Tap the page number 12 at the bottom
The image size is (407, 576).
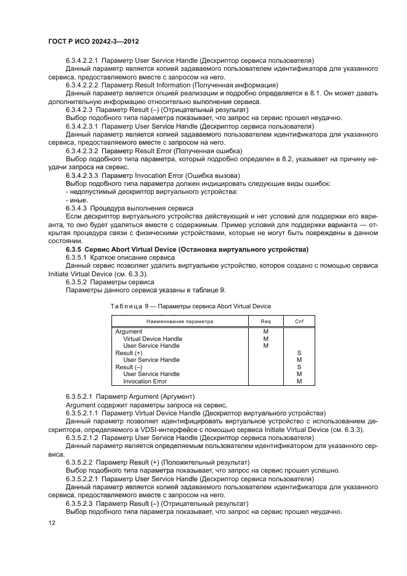click(52, 522)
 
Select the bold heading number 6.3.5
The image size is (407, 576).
click(75, 249)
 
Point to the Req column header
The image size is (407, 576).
click(265, 321)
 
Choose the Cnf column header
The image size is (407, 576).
click(299, 321)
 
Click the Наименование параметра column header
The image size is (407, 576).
click(179, 321)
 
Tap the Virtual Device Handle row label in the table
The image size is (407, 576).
click(152, 338)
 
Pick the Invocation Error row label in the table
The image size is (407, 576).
click(145, 382)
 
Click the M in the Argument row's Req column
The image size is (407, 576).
click(265, 332)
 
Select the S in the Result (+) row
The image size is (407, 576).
click(299, 353)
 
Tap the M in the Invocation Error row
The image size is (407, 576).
click(299, 382)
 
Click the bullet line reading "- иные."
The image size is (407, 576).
click(76, 200)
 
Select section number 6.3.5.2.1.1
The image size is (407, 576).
click(86, 413)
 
